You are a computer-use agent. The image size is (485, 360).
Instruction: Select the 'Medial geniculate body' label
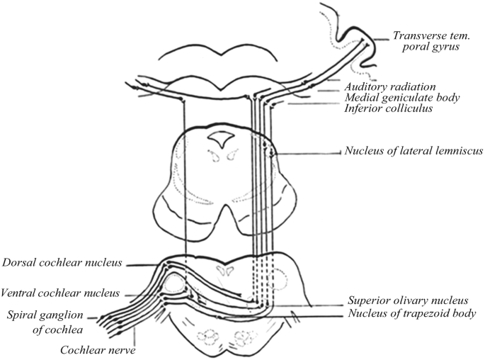(x=402, y=98)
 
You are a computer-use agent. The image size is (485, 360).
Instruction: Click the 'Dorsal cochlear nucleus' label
(x=62, y=263)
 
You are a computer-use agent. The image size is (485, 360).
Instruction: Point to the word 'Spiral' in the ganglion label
(x=26, y=314)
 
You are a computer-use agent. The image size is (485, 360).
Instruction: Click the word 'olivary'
(x=414, y=300)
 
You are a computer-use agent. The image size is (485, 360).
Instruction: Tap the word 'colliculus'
(x=411, y=108)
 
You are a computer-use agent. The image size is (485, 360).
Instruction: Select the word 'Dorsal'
(x=19, y=263)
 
